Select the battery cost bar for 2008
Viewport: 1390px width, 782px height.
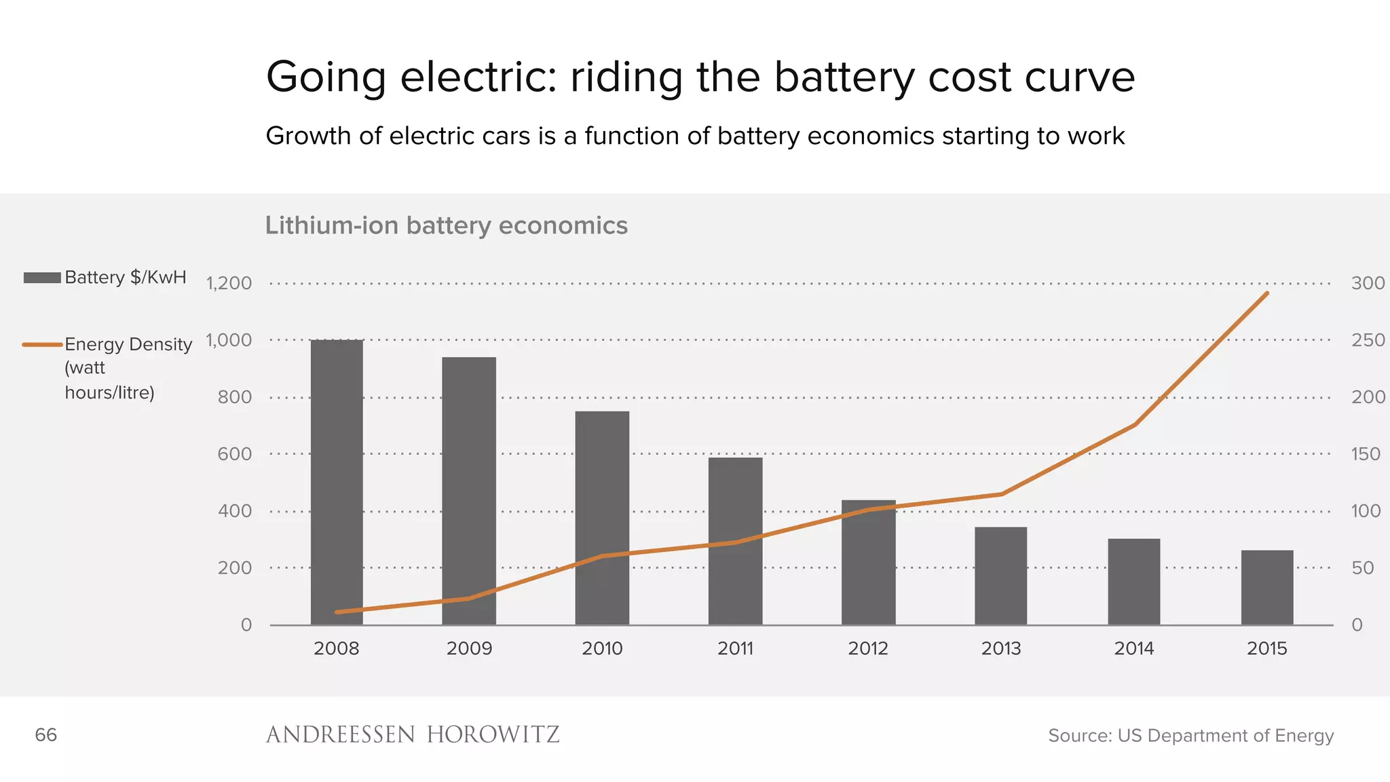337,482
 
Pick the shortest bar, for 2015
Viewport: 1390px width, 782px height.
1267,587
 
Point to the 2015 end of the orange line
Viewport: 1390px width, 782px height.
1267,293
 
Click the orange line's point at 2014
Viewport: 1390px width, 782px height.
1135,425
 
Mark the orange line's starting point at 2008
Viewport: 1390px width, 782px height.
337,612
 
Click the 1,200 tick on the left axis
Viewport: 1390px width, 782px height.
229,283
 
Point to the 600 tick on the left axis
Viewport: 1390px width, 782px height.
234,454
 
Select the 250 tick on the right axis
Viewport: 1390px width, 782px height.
1368,340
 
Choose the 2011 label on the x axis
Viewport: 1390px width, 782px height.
735,648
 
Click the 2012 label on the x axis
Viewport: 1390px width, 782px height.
868,648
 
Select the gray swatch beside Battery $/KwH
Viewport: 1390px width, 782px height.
42,278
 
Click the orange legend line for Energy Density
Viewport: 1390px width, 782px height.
42,345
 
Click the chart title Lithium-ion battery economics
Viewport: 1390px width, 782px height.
446,225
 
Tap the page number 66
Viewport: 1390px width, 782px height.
45,734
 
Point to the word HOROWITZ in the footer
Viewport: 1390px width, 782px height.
493,734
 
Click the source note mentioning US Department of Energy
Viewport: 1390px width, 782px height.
1190,735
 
